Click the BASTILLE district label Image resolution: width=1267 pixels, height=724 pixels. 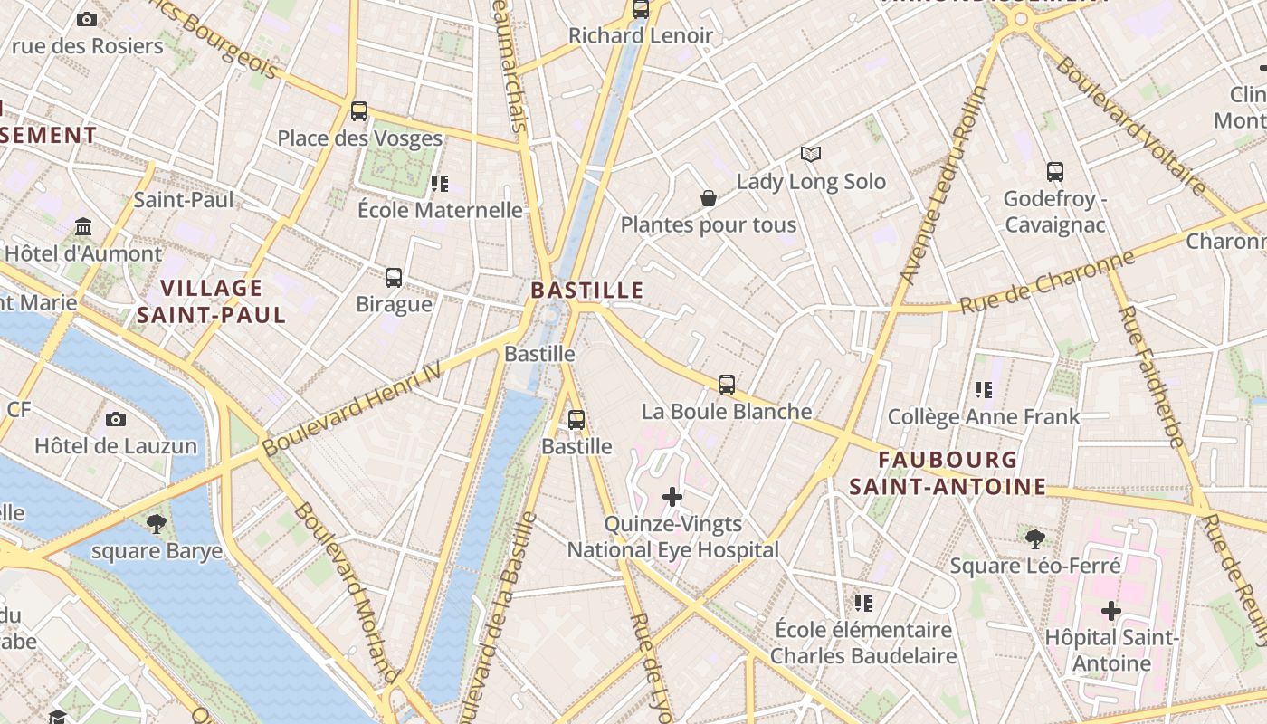pos(586,291)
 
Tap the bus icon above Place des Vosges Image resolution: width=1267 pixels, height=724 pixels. pos(359,111)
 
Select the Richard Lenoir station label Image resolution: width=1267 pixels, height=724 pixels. pos(641,36)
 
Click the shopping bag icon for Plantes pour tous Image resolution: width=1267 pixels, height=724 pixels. pos(709,197)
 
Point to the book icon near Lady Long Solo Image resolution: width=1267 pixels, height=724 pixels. pos(811,155)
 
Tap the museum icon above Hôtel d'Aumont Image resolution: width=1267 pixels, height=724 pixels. pos(84,225)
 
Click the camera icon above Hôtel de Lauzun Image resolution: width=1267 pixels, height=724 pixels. pos(115,419)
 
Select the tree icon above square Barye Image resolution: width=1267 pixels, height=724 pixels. pos(157,523)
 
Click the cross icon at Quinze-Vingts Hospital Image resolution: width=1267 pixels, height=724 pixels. pos(672,497)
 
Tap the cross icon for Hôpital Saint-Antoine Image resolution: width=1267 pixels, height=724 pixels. pos(1111,611)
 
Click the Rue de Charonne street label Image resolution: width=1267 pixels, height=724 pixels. pos(1047,282)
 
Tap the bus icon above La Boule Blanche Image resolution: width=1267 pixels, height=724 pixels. pos(727,385)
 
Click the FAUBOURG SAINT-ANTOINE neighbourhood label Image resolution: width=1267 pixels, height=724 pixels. pos(948,473)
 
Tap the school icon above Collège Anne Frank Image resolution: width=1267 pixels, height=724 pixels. pos(984,390)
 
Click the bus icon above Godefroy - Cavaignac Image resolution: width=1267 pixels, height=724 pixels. pos(1055,172)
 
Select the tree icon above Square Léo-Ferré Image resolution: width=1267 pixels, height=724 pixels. pos(1035,539)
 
